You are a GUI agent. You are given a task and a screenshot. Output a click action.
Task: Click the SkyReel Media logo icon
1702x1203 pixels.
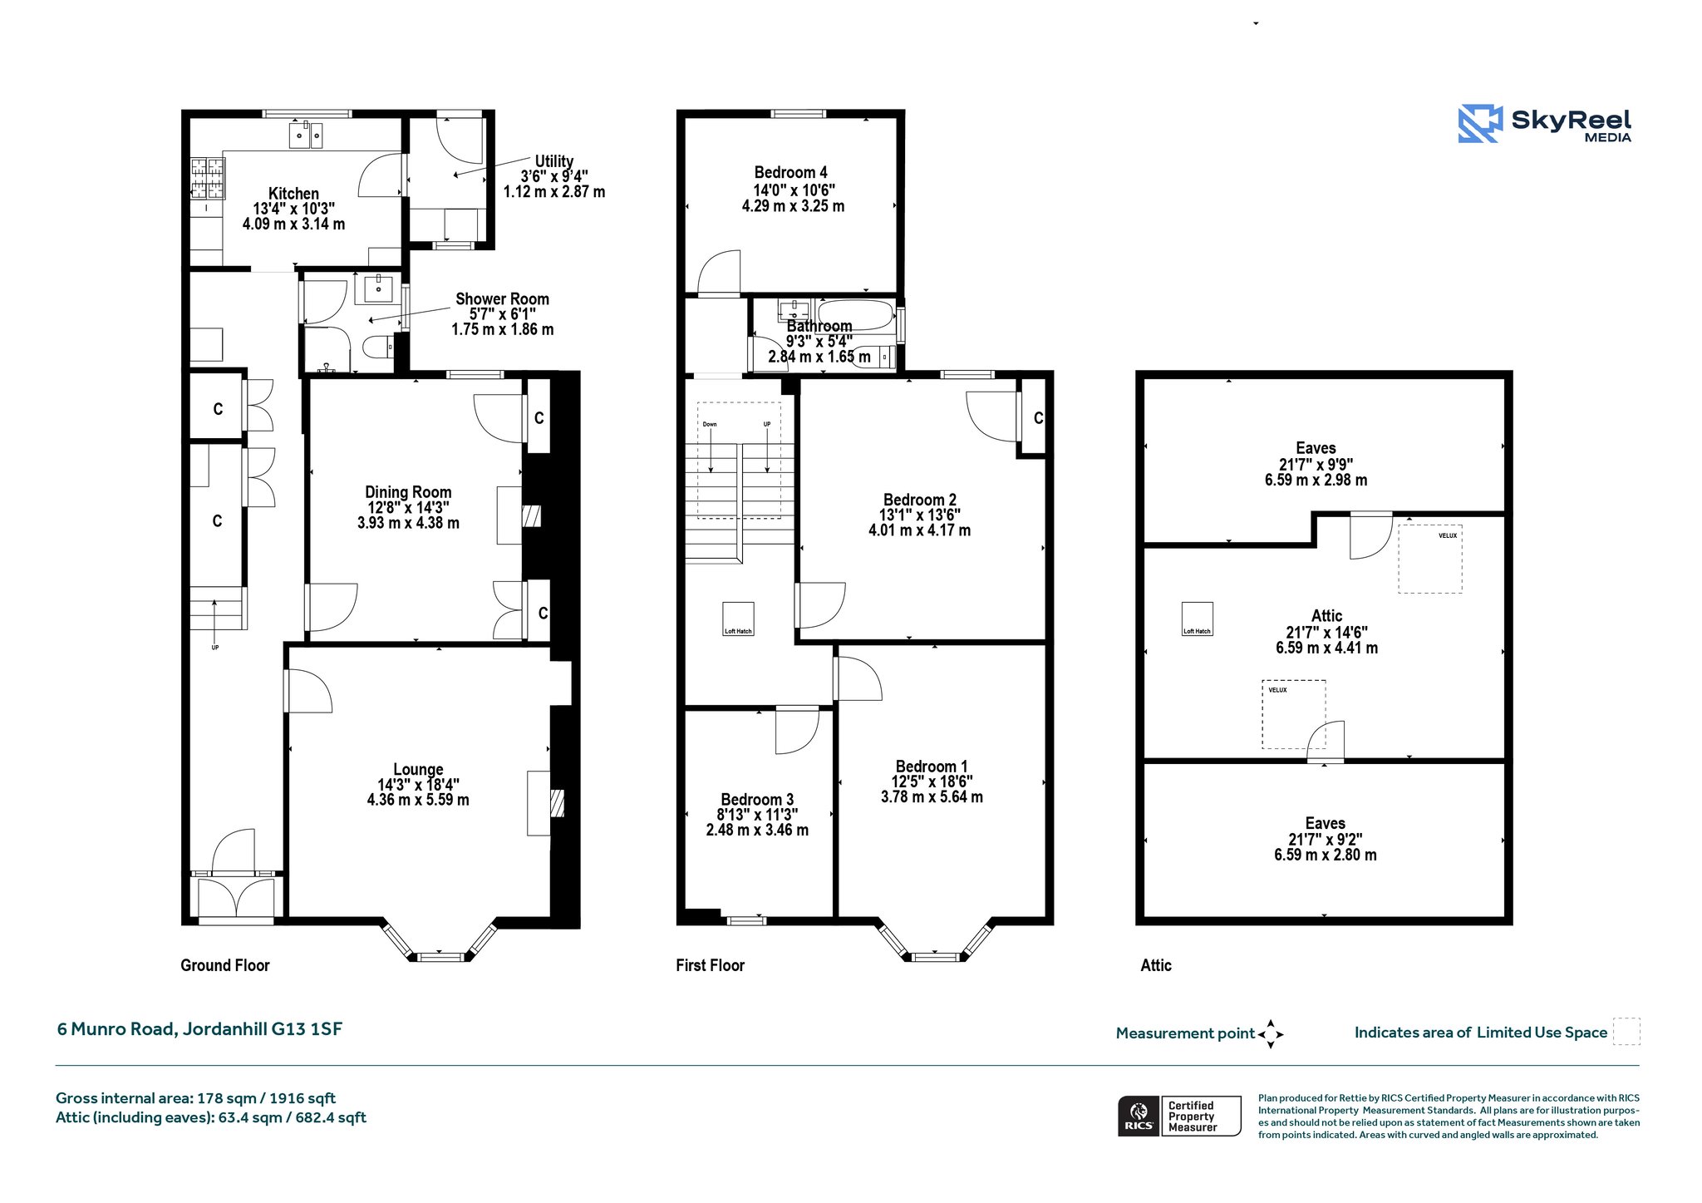pyautogui.click(x=1480, y=123)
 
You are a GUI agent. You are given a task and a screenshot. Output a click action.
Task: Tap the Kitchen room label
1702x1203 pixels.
pyautogui.click(x=293, y=194)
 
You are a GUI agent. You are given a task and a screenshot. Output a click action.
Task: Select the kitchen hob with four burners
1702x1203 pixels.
pyautogui.click(x=208, y=179)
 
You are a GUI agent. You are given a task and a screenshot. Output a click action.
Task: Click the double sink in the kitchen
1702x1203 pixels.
pyautogui.click(x=306, y=135)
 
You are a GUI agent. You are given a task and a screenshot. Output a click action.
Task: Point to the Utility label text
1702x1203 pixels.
pyautogui.click(x=553, y=161)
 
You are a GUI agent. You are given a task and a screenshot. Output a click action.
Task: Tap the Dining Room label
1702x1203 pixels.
pyautogui.click(x=408, y=492)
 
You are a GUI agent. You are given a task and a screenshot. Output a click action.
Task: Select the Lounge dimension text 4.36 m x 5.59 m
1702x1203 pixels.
pyautogui.click(x=418, y=800)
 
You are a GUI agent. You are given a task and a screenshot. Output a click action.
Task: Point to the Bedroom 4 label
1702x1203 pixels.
pyautogui.click(x=790, y=172)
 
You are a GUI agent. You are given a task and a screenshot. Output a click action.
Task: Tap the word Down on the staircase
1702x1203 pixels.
pyautogui.click(x=710, y=424)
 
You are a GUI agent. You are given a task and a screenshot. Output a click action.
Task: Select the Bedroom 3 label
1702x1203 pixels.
pyautogui.click(x=757, y=800)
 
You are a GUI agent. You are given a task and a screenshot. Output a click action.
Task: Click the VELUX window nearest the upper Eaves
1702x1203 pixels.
pyautogui.click(x=1429, y=558)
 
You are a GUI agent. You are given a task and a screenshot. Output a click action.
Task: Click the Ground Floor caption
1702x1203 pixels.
pyautogui.click(x=225, y=965)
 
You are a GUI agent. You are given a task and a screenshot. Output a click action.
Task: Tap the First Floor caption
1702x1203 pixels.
pyautogui.click(x=710, y=965)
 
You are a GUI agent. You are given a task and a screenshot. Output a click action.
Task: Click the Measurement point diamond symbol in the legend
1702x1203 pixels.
pyautogui.click(x=1271, y=1034)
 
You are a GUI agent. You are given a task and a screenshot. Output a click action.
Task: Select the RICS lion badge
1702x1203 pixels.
pyautogui.click(x=1139, y=1116)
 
